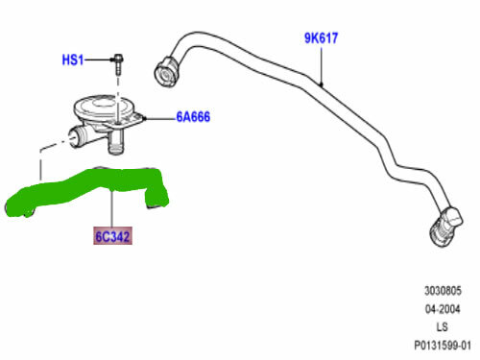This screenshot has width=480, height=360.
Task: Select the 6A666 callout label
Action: tap(192, 118)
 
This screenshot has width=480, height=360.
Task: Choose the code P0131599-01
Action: tap(442, 344)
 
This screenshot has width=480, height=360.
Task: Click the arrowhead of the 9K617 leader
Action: tap(321, 85)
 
